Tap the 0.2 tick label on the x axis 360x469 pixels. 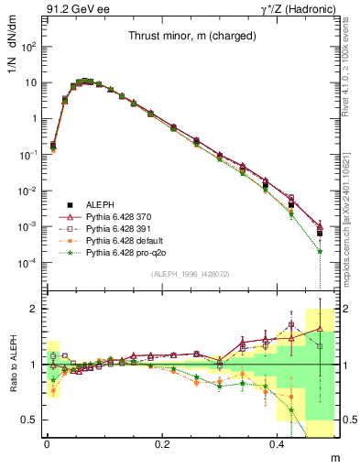tap(164, 443)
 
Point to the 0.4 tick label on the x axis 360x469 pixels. tap(279, 443)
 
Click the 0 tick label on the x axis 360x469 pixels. tap(47, 443)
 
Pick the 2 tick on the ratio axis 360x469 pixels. tap(35, 309)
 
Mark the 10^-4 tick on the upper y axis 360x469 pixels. tap(28, 263)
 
